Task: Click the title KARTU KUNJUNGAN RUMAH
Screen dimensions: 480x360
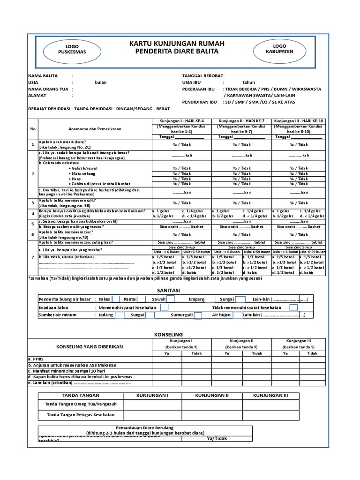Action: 177,44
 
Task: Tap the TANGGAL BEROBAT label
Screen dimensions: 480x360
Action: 203,75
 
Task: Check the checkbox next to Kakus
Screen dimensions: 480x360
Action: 116,300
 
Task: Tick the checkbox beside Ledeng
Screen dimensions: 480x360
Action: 120,315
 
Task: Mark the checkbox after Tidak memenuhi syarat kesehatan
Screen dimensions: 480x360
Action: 293,307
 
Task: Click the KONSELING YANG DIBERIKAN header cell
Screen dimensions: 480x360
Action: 90,346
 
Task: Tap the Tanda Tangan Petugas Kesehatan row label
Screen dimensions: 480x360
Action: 80,415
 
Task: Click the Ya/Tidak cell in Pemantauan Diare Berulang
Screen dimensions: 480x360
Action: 216,439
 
